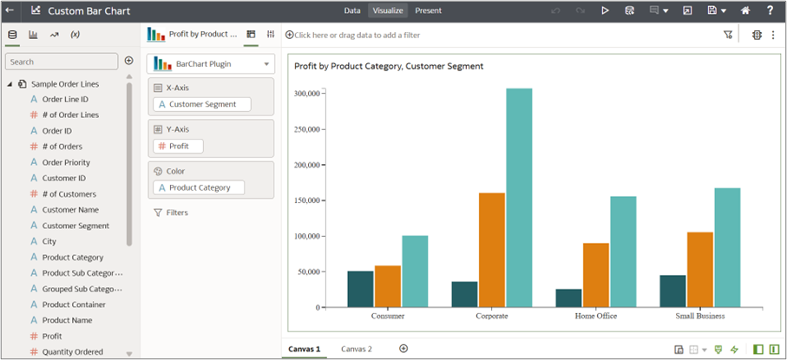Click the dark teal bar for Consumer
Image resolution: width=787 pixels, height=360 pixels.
360,289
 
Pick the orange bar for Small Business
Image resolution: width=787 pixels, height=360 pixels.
699,269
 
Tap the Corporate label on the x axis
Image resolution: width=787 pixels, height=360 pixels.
492,317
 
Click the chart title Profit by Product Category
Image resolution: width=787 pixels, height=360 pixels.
388,66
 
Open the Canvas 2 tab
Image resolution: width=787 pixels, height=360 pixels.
356,349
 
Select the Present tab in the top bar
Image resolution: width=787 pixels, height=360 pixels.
428,10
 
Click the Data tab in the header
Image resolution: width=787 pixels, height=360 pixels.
352,10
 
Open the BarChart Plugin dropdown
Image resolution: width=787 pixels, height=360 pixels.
211,63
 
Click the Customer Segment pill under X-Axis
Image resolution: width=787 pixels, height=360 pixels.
201,104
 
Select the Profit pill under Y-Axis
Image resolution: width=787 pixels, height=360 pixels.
178,146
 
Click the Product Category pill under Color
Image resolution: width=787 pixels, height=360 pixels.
199,187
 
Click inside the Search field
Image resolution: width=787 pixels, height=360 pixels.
62,62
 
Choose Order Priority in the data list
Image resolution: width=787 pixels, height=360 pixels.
66,162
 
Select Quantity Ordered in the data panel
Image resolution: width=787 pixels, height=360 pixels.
72,351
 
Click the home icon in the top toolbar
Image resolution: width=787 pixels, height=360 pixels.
744,10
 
